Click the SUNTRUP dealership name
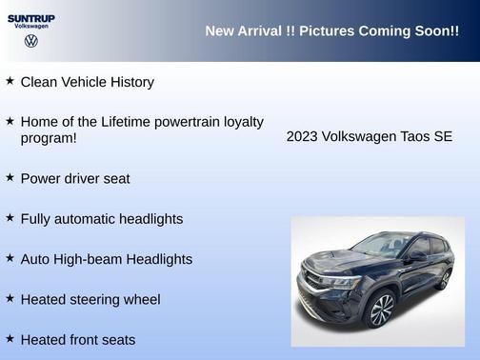[x=30, y=18]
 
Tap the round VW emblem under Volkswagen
[x=30, y=42]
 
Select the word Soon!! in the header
[x=437, y=31]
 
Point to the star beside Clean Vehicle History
[x=10, y=81]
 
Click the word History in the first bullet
[x=130, y=82]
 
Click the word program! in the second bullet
[x=49, y=138]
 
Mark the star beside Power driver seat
[x=10, y=177]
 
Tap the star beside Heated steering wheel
[x=10, y=298]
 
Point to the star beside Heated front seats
[x=10, y=338]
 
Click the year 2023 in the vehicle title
[x=303, y=137]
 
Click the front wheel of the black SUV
[x=382, y=310]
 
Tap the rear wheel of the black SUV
[x=444, y=278]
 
